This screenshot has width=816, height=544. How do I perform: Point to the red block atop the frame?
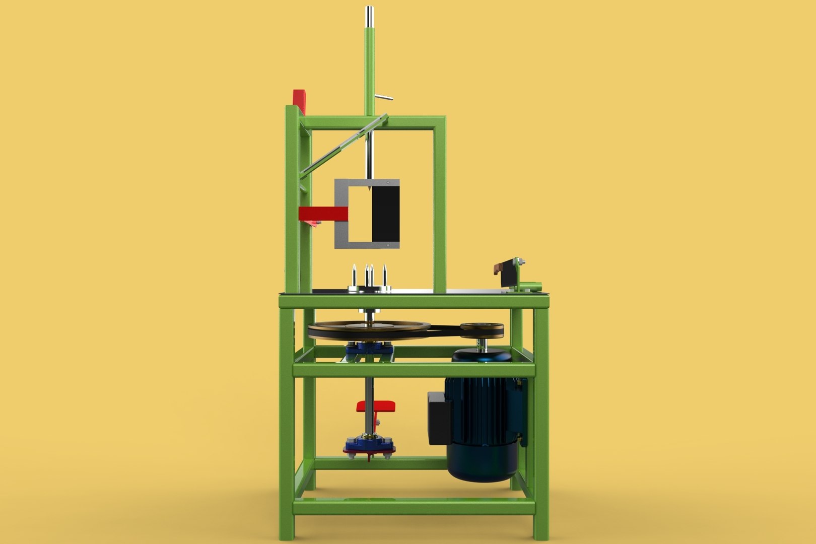point(299,100)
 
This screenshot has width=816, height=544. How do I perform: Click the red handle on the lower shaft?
point(376,405)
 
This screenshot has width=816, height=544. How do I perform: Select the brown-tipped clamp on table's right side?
point(499,267)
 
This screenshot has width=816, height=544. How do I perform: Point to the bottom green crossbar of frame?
point(413,507)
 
